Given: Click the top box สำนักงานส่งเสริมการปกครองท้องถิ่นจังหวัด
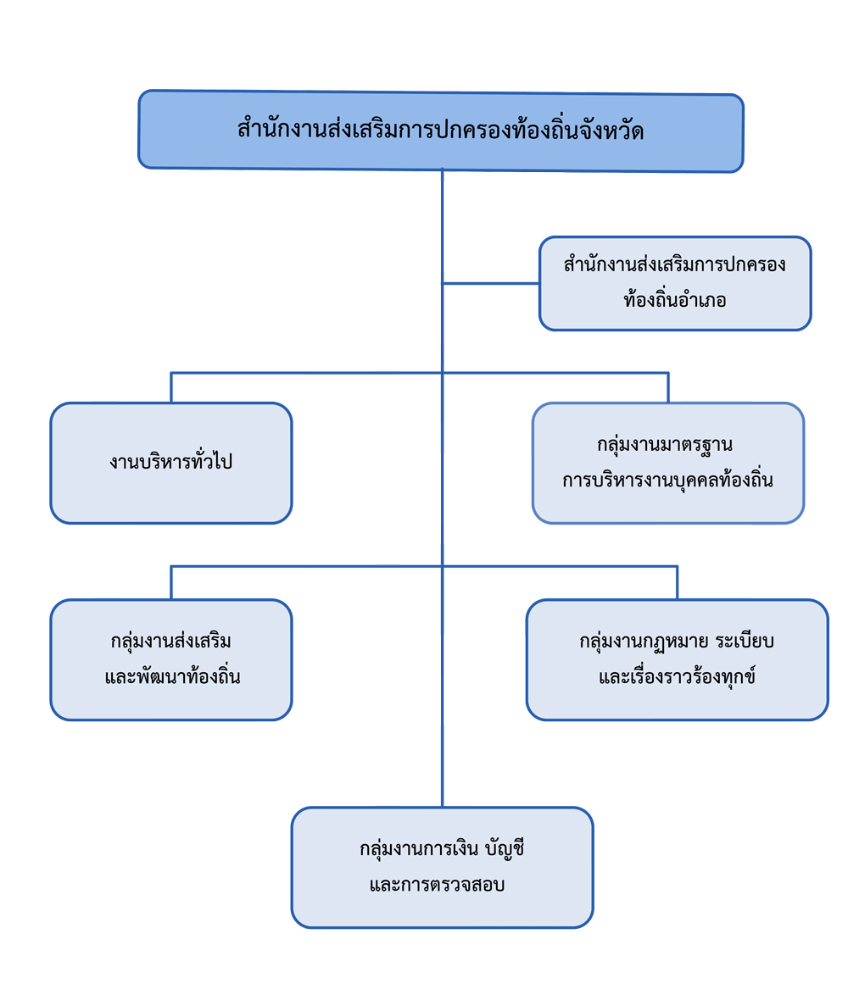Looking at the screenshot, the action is click(440, 131).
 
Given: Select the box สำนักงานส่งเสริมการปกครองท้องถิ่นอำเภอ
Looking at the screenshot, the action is click(675, 283).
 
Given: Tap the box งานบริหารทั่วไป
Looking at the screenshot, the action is click(170, 463).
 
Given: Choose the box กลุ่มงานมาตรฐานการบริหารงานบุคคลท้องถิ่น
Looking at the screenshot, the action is click(668, 463).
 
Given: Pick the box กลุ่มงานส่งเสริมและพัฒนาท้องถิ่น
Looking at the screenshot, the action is click(170, 659).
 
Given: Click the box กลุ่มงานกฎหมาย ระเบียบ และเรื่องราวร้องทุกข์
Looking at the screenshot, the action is click(677, 659).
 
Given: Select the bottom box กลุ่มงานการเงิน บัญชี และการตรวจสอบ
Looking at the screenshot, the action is click(442, 867).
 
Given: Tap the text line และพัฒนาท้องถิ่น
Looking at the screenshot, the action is click(172, 678).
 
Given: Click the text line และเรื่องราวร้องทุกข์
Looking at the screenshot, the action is click(677, 678).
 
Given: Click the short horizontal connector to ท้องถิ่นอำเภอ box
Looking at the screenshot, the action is click(490, 284).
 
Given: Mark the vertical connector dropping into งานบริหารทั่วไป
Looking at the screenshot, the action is click(170, 387).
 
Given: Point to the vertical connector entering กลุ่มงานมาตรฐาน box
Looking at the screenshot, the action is click(668, 387).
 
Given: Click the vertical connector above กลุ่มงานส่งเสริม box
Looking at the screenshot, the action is click(170, 582).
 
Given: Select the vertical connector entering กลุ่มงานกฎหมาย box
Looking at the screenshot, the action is click(677, 582).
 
